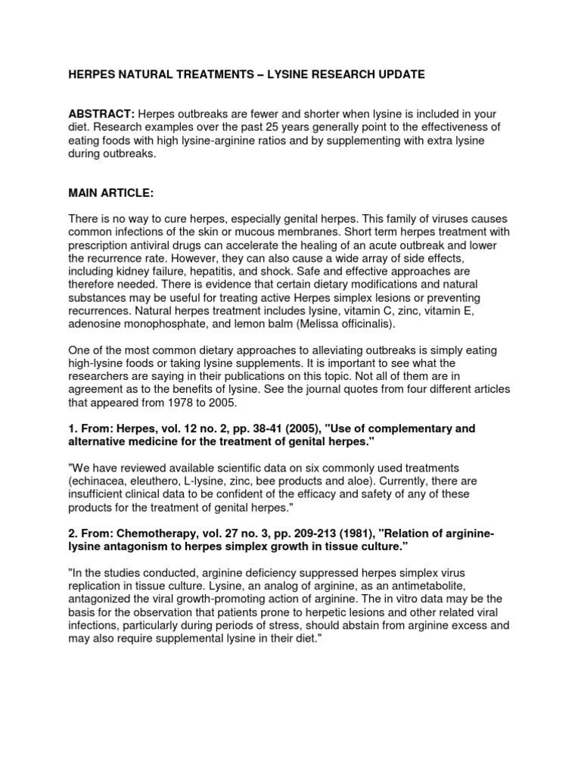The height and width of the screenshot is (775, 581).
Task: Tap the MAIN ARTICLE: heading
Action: point(111,194)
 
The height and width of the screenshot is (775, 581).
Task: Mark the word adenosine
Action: point(97,324)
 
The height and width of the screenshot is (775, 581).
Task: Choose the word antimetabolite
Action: point(474,587)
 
